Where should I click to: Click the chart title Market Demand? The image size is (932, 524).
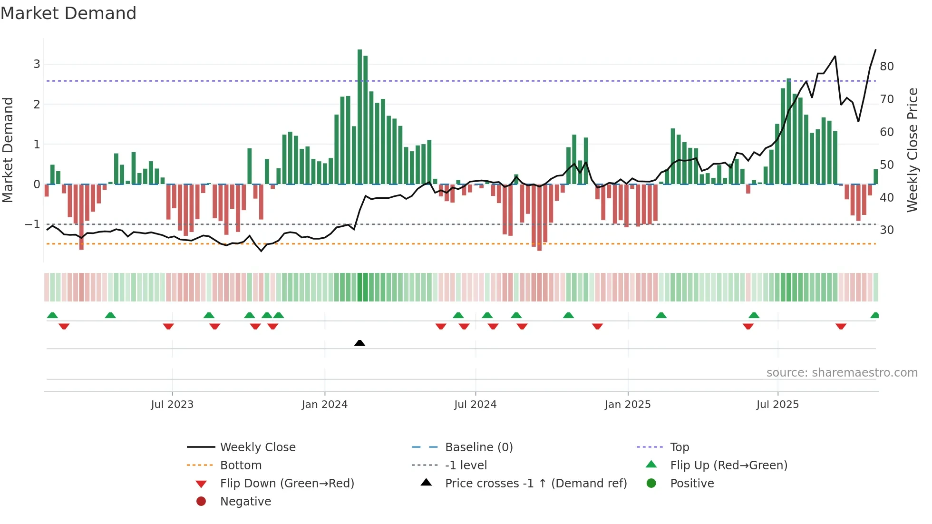click(68, 13)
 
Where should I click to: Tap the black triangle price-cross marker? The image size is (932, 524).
click(359, 343)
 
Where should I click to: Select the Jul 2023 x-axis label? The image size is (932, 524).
click(172, 404)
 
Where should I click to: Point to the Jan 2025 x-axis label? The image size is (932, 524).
click(628, 404)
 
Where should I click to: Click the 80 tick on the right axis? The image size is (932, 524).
click(886, 66)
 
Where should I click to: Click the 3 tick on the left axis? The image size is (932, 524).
click(37, 64)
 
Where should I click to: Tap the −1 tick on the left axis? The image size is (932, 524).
click(33, 224)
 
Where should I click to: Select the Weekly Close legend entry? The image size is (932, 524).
click(257, 447)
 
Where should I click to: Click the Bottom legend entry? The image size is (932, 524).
click(241, 465)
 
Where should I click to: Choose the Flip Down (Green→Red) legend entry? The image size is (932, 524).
click(287, 483)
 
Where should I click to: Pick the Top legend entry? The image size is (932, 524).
click(680, 447)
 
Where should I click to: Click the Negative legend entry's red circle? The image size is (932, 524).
click(201, 501)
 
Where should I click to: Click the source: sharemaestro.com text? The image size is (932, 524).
click(842, 372)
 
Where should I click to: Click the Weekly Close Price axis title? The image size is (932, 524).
click(912, 150)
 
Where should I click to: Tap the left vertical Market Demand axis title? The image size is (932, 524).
click(8, 150)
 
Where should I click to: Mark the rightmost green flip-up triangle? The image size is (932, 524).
click(874, 315)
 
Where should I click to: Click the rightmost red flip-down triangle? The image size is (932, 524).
click(841, 326)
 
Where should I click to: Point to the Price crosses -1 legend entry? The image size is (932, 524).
click(535, 483)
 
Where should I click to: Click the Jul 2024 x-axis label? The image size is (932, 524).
click(475, 404)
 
